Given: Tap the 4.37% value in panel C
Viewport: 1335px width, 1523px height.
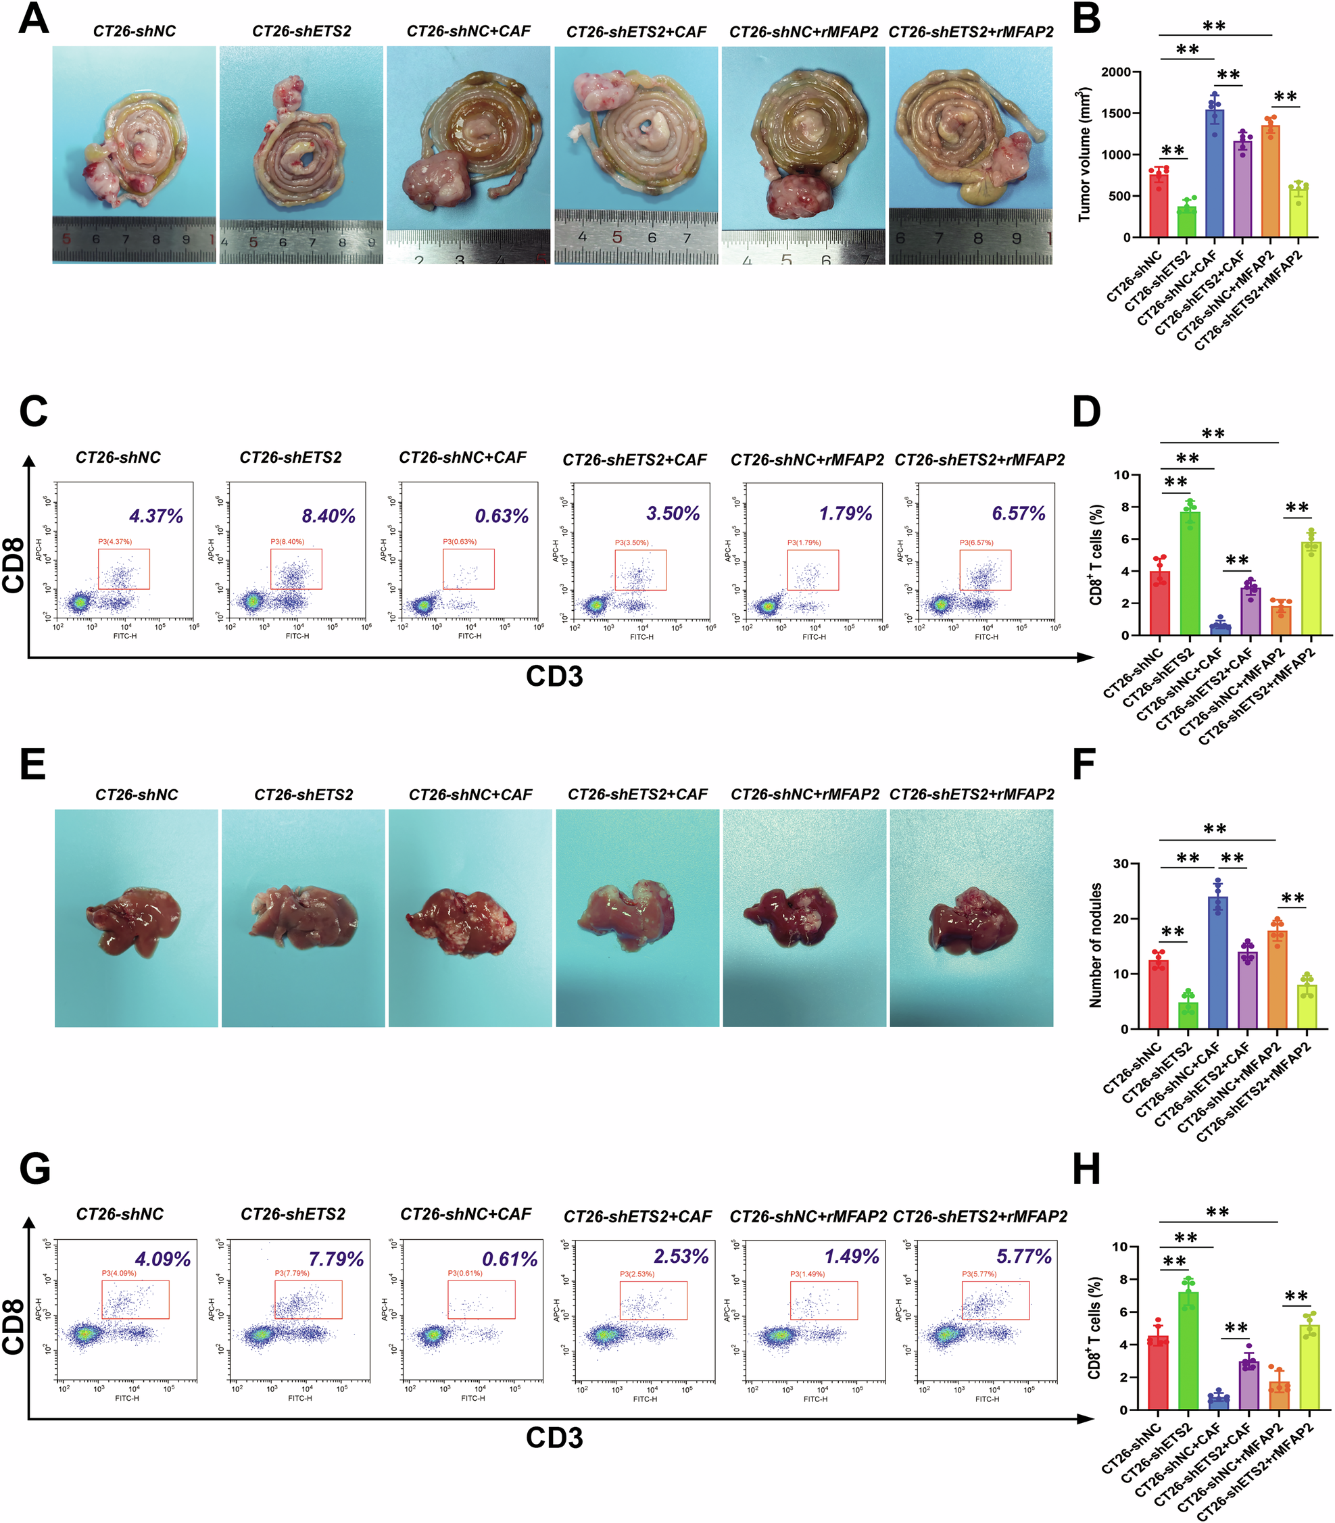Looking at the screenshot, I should point(155,516).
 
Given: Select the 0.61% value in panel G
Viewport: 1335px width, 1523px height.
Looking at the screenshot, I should point(510,1259).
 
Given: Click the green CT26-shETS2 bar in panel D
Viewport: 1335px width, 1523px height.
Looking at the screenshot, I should point(1190,574).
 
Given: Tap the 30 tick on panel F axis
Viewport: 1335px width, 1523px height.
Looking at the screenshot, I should point(1121,864).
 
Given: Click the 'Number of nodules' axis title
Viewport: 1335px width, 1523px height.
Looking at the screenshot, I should point(1096,946).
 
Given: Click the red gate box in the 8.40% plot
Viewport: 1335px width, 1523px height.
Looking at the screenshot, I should point(296,569).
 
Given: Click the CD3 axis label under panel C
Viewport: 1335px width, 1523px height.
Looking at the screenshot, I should point(554,676).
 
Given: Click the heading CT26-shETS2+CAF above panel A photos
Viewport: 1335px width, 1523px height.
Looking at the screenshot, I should point(635,32).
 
